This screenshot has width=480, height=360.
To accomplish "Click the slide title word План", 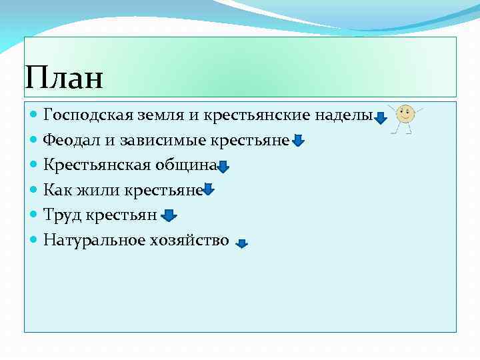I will click(x=64, y=78).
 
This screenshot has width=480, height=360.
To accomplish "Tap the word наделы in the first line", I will click(x=347, y=115).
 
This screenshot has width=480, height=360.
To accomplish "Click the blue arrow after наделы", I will click(x=380, y=119).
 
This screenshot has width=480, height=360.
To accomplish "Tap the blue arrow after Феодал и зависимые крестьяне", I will click(x=298, y=141).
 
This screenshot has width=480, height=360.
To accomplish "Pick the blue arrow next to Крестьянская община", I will click(x=223, y=167).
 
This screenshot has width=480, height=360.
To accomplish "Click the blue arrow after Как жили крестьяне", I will click(x=209, y=191).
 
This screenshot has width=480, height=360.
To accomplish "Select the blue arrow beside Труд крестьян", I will click(x=169, y=215).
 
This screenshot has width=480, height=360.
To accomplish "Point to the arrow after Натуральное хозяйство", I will click(x=242, y=244).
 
